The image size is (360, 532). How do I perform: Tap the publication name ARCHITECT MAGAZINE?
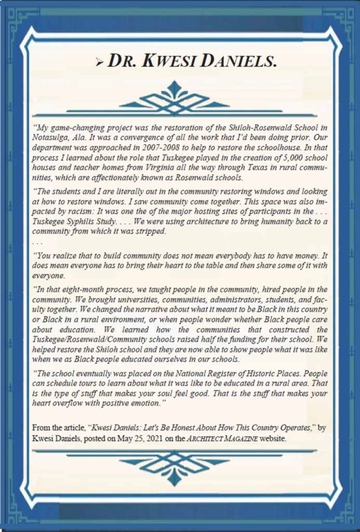pos(233,438)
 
